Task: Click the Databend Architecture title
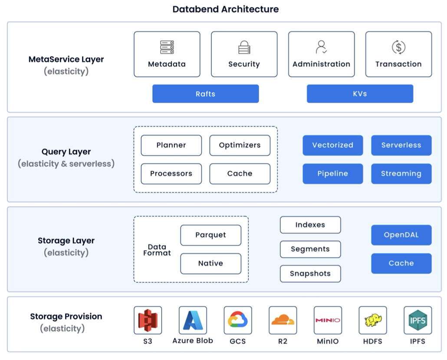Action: point(226,9)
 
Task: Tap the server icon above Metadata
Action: point(167,47)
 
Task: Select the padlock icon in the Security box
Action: point(244,47)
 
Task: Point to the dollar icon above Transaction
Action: point(398,47)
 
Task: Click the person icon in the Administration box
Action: point(321,47)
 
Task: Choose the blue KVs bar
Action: point(360,94)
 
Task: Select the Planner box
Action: point(171,145)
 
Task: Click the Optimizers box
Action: point(240,145)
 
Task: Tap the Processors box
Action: point(171,174)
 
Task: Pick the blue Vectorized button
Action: point(333,145)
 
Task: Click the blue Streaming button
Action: point(401,174)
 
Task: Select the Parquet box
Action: point(210,235)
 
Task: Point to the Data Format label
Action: point(157,250)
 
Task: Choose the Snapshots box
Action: point(310,274)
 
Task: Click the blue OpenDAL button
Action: point(401,235)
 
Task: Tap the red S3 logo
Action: point(148,321)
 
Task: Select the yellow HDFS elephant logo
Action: point(373,321)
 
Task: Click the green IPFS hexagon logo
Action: point(417,320)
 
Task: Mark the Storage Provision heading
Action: point(66,317)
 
